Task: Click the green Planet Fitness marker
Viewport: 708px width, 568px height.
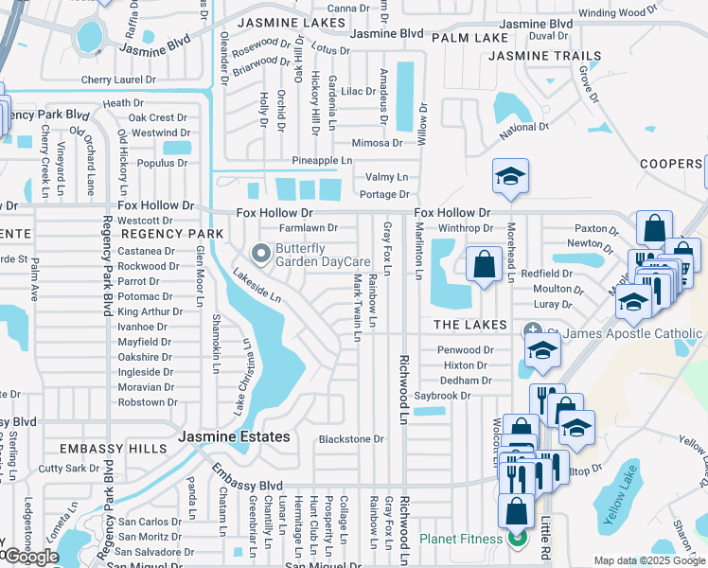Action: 517,540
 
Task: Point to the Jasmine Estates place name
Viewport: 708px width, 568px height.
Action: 235,436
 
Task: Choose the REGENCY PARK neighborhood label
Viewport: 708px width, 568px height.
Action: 172,234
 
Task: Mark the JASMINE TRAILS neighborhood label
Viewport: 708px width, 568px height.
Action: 539,57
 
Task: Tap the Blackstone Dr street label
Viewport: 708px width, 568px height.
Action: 351,439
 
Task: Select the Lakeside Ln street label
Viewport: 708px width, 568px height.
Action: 257,285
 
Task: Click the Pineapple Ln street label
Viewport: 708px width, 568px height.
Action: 322,161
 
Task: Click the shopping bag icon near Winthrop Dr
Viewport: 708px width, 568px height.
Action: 484,264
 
